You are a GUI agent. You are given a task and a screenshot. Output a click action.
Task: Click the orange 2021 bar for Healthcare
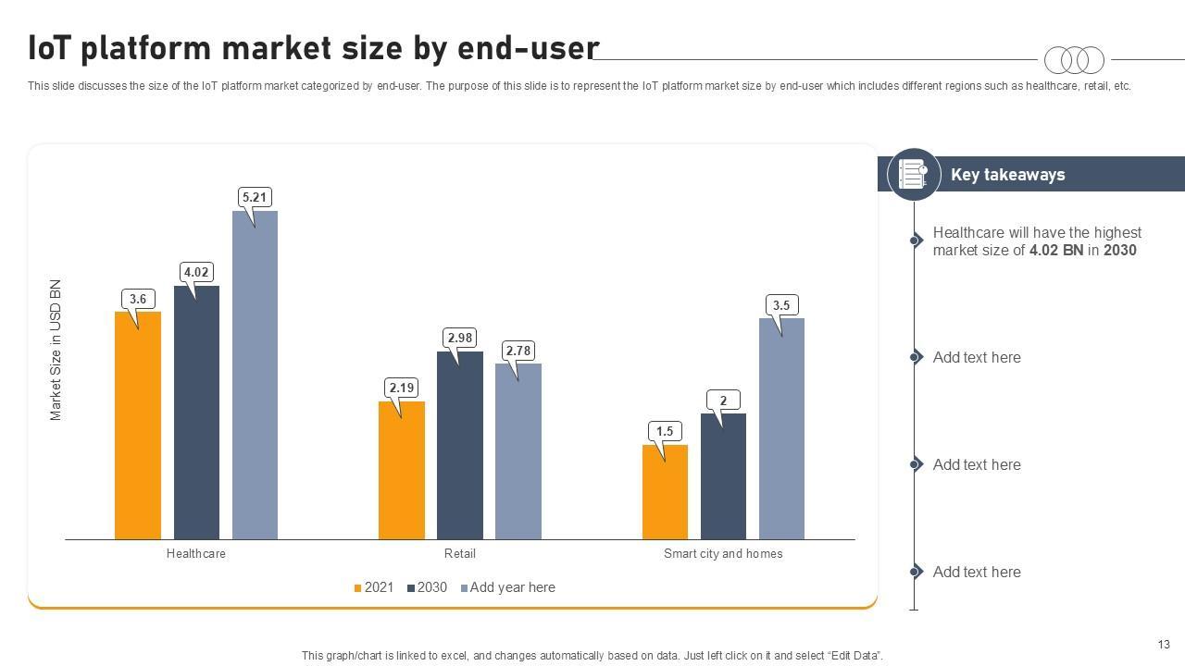coord(138,425)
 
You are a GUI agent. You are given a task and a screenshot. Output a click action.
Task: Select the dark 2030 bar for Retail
coord(460,445)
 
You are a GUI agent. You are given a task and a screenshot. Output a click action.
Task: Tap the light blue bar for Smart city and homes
coord(781,428)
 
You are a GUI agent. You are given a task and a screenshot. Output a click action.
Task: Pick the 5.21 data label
coord(255,197)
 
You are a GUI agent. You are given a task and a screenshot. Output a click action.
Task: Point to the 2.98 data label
coord(460,338)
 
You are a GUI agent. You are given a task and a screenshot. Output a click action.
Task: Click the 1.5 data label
coord(665,431)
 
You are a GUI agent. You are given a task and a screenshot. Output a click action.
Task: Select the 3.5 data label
coord(781,305)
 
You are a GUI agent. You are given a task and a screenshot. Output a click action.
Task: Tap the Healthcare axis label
coord(196,554)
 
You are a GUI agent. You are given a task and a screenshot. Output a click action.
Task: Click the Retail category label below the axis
coord(460,554)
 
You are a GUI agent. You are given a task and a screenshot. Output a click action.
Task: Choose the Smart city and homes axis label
coord(723,554)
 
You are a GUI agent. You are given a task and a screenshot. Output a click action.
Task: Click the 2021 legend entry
coord(374,587)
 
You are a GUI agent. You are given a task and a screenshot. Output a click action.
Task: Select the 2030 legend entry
coord(427,587)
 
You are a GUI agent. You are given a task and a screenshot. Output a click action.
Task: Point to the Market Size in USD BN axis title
coord(56,350)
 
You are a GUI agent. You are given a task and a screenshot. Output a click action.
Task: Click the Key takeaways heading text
coord(1007,175)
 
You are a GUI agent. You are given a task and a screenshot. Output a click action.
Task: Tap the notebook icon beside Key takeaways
coord(913,174)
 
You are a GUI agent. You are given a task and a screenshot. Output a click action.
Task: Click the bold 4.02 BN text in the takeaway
coord(1056,251)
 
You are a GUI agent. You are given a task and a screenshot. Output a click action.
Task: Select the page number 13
coord(1164,645)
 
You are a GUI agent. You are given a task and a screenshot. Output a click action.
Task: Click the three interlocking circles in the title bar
coord(1074,60)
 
